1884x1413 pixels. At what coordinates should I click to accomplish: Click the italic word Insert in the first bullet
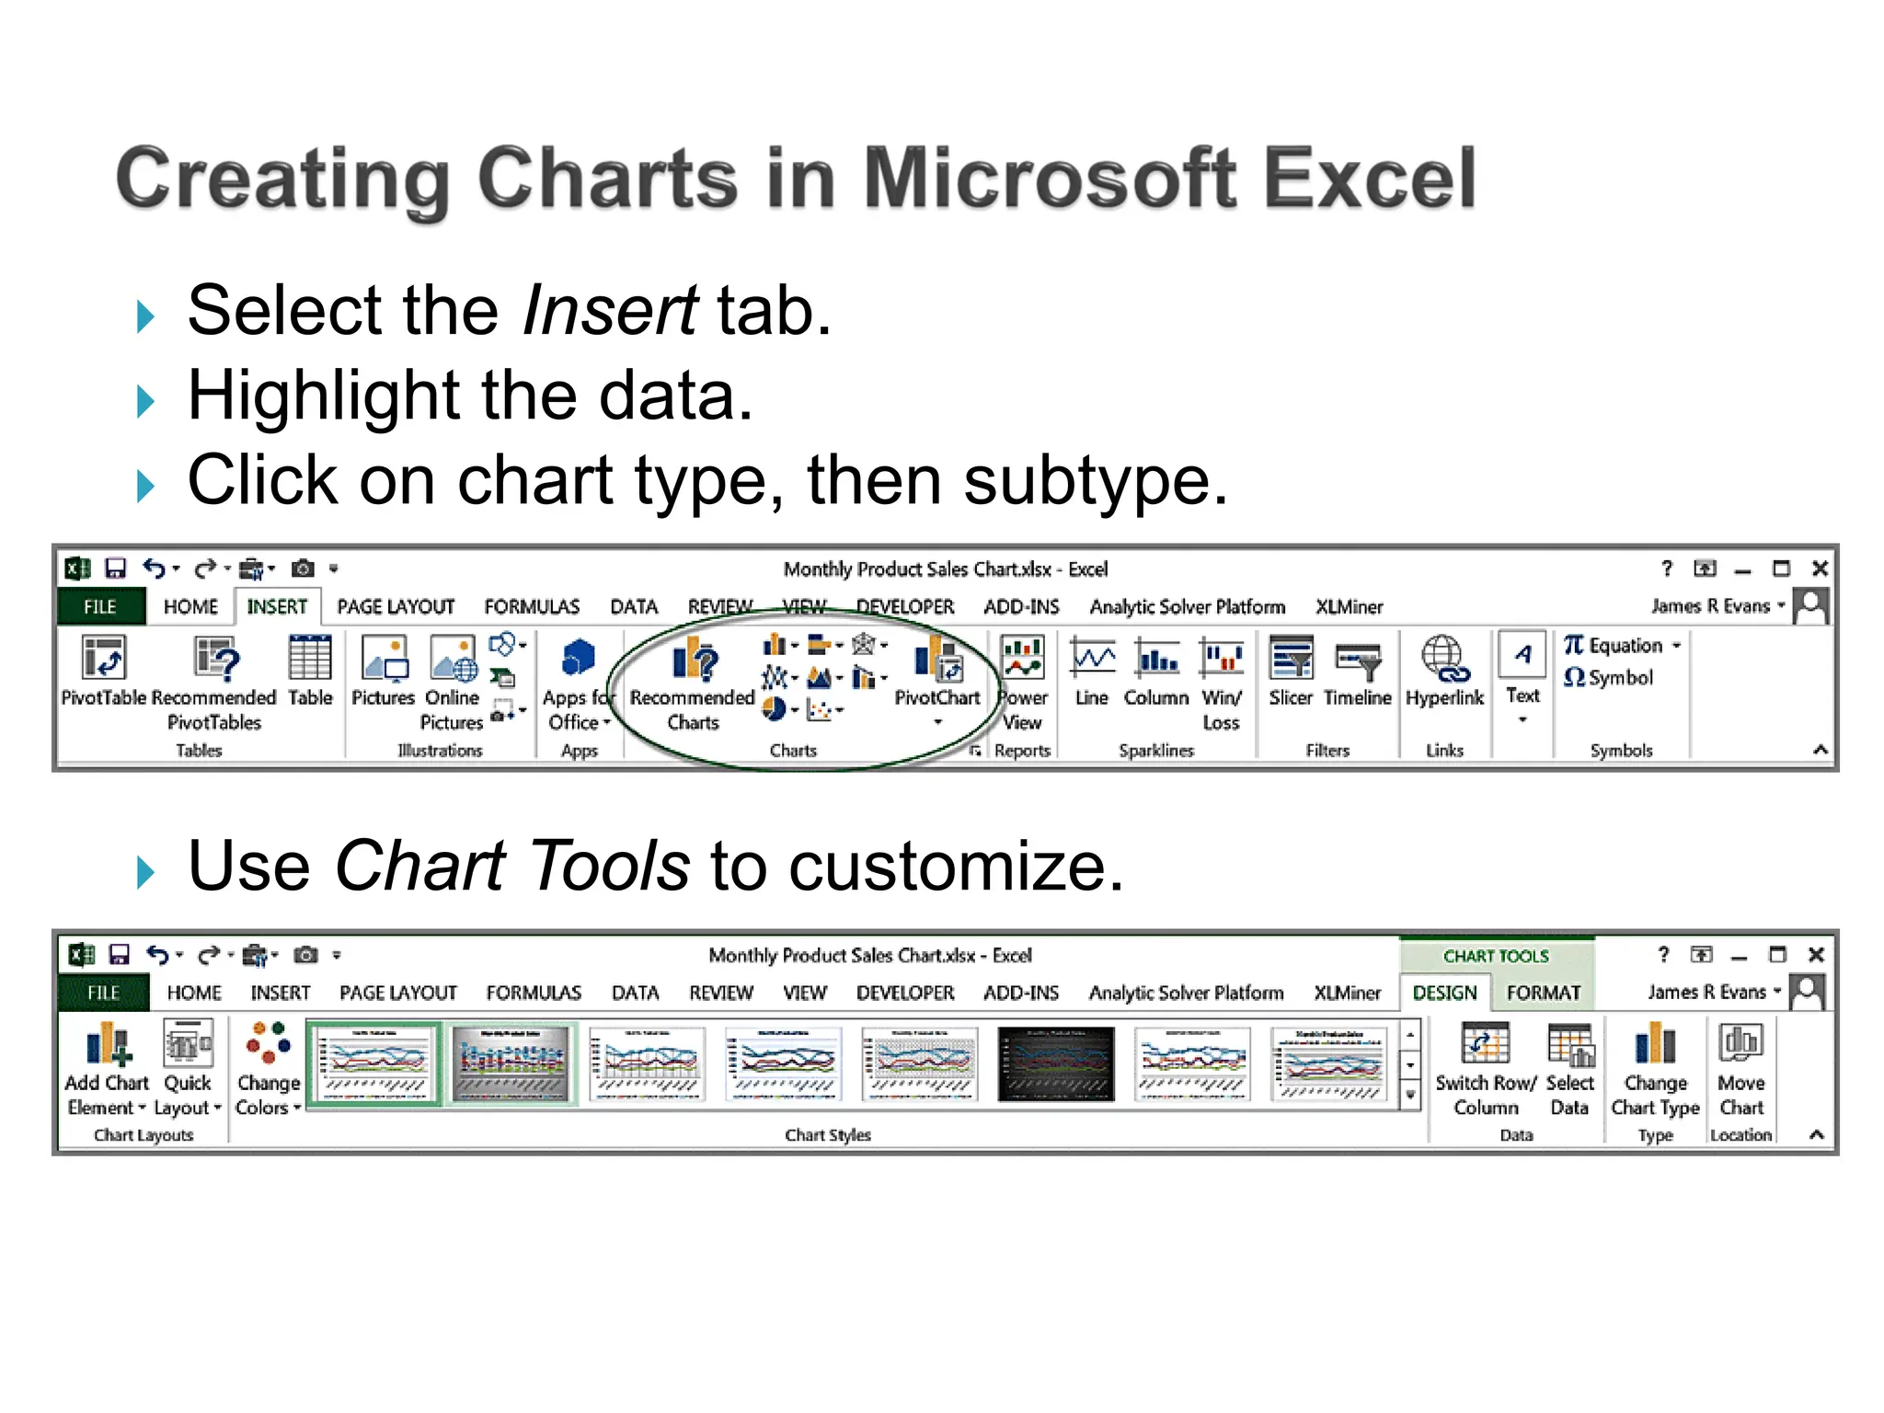pyautogui.click(x=609, y=311)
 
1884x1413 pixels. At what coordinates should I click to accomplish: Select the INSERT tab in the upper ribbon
pyautogui.click(x=276, y=607)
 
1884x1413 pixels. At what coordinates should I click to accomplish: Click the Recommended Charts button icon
pyautogui.click(x=693, y=661)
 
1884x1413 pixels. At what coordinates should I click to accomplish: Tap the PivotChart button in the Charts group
pyautogui.click(x=936, y=676)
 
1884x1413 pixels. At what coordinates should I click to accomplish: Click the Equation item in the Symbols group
pyautogui.click(x=1623, y=646)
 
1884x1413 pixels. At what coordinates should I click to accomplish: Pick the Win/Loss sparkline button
pyautogui.click(x=1221, y=681)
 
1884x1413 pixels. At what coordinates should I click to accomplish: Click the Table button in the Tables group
pyautogui.click(x=310, y=672)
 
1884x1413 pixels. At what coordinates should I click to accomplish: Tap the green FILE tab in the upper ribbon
pyautogui.click(x=100, y=607)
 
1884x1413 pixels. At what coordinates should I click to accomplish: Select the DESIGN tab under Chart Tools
pyautogui.click(x=1444, y=993)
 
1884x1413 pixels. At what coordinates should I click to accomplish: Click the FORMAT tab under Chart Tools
pyautogui.click(x=1543, y=993)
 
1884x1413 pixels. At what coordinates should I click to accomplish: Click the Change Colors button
pyautogui.click(x=268, y=1067)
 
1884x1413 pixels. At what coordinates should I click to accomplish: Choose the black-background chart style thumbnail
pyautogui.click(x=1055, y=1064)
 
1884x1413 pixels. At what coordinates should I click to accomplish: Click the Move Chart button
pyautogui.click(x=1740, y=1067)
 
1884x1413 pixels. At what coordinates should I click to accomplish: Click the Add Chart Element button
pyautogui.click(x=107, y=1067)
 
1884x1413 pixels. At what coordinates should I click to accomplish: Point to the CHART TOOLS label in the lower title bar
pyautogui.click(x=1495, y=956)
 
